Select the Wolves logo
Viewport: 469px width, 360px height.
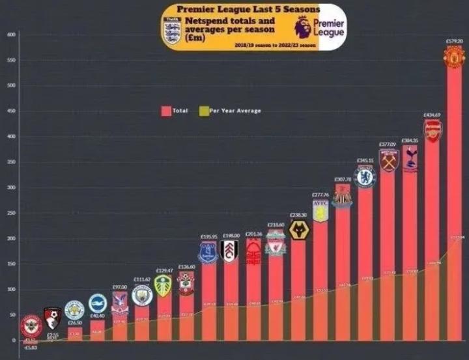pyautogui.click(x=298, y=230)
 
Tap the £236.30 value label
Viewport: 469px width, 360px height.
pyautogui.click(x=298, y=215)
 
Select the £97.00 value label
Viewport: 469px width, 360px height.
pyautogui.click(x=119, y=287)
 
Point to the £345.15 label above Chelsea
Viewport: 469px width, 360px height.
pyautogui.click(x=365, y=160)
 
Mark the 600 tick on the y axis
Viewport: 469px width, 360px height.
pyautogui.click(x=12, y=35)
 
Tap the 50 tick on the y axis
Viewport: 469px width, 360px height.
pyautogui.click(x=12, y=315)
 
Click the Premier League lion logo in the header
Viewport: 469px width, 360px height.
pyautogui.click(x=302, y=27)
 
